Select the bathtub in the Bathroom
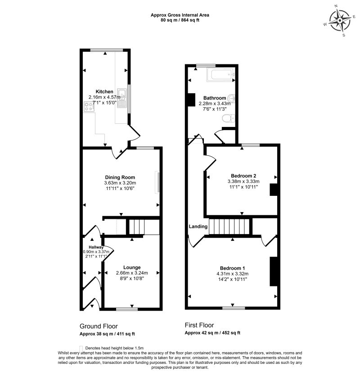pos(220,74)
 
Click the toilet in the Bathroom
pos(228,118)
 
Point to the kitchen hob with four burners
pos(88,106)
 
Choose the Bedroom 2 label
pos(243,176)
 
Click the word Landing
pos(198,227)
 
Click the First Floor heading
pos(199,325)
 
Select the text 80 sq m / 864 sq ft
pos(180,20)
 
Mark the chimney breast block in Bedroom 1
pos(273,271)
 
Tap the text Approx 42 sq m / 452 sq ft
pos(212,333)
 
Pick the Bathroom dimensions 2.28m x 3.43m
pos(214,103)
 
